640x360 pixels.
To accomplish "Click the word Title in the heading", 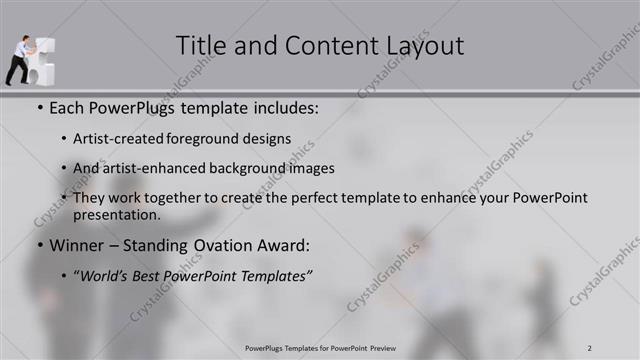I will pyautogui.click(x=200, y=46).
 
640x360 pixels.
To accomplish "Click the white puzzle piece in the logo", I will pyautogui.click(x=44, y=60).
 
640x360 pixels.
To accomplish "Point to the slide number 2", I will pyautogui.click(x=590, y=348).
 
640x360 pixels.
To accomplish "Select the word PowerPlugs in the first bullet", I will pyautogui.click(x=131, y=105).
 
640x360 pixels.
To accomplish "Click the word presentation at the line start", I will pyautogui.click(x=116, y=214).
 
